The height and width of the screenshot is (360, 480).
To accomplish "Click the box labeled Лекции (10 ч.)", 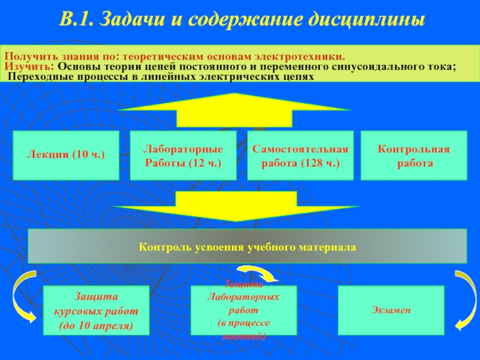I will pos(65,155).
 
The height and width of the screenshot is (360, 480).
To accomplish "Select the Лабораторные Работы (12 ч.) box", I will pos(182,155).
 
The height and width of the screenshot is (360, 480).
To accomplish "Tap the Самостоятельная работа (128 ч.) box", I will pos(300,155).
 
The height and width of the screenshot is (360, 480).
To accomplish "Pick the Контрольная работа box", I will pos(413,155).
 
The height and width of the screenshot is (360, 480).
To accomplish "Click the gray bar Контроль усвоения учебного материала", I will pos(247,246).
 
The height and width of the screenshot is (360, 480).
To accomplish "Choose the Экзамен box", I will pos(391,310).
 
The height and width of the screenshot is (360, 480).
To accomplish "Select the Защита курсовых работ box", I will pos(96,310).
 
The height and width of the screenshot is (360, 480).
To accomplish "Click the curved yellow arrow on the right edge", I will pos(465,299).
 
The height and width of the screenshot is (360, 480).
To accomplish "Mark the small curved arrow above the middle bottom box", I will pos(258,274).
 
